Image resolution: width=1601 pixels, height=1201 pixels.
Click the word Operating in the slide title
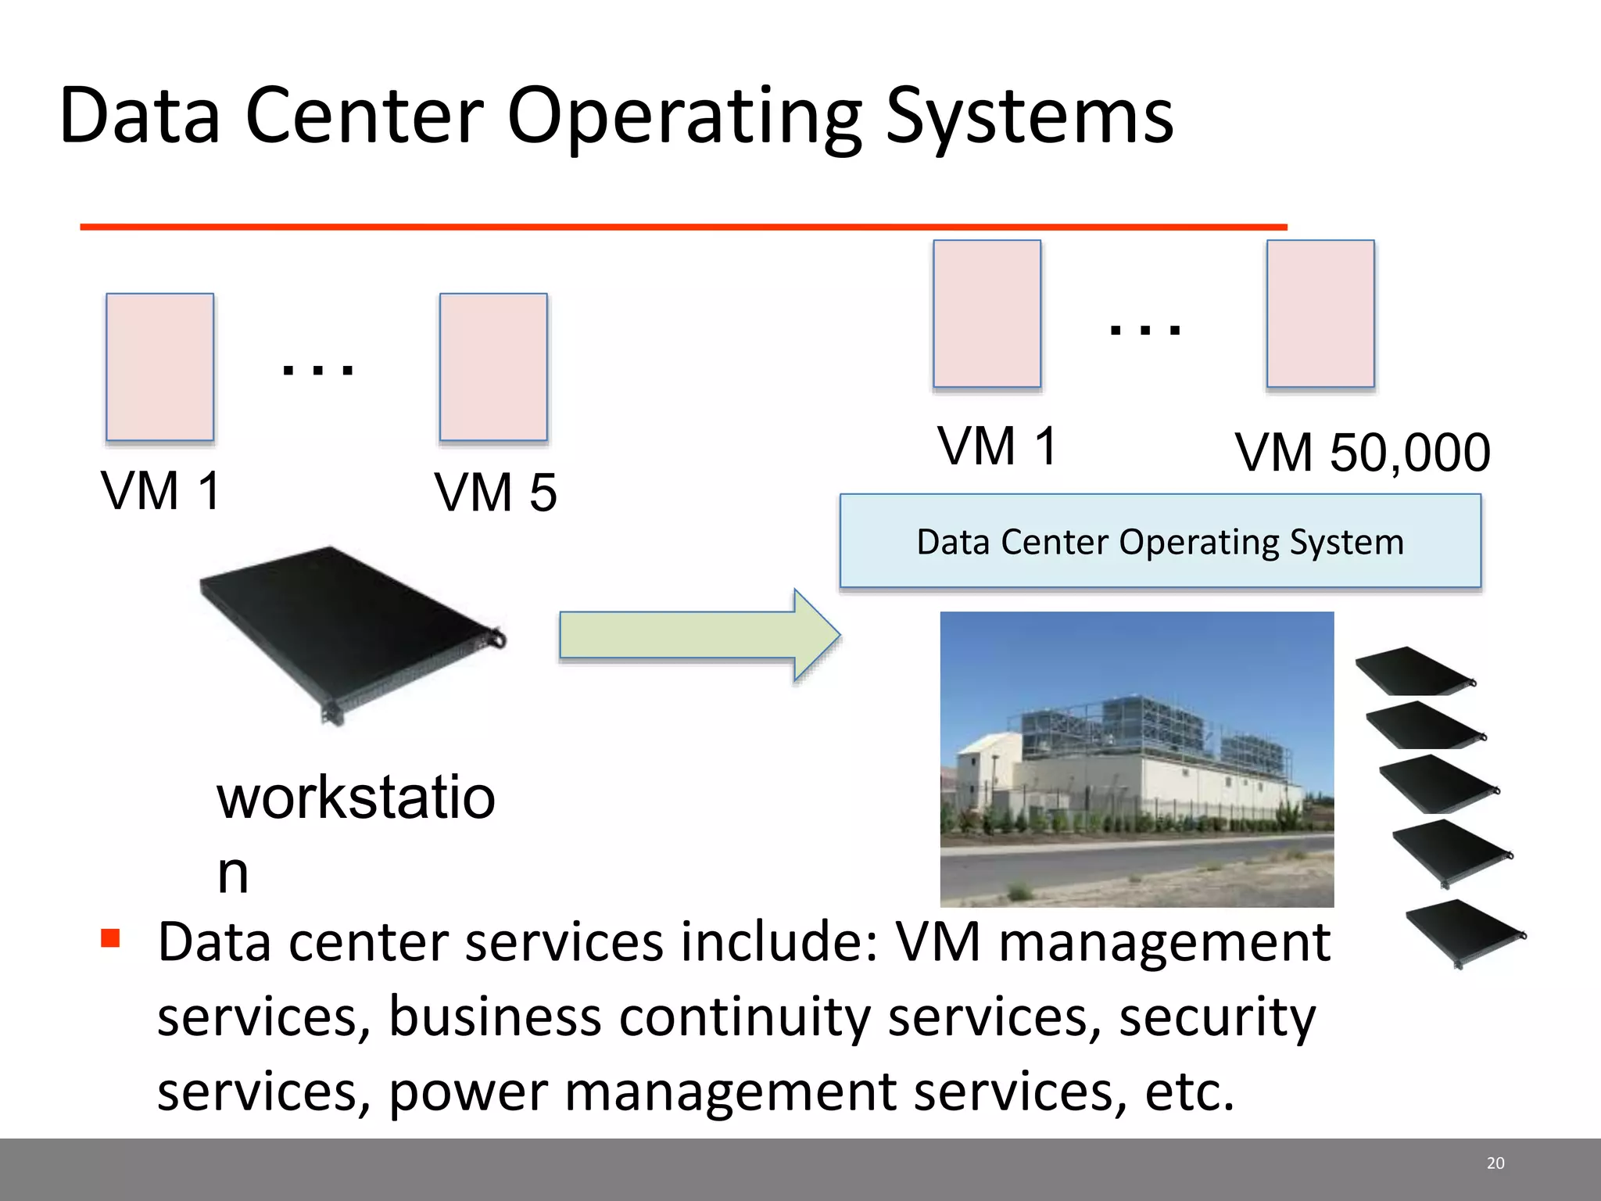click(685, 117)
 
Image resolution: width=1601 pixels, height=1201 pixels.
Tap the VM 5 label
click(496, 493)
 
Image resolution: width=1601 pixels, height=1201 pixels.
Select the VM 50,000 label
click(1363, 453)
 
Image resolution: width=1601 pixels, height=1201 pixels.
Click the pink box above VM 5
click(493, 367)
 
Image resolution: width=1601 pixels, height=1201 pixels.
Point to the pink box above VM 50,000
click(1320, 314)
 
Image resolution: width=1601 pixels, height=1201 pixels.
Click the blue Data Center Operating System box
click(1160, 541)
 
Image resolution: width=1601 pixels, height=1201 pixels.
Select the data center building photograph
click(1137, 758)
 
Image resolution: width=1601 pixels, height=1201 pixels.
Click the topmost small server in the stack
click(1413, 672)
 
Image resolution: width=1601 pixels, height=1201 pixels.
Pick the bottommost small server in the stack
click(1463, 932)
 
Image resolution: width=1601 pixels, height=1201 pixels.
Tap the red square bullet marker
click(111, 937)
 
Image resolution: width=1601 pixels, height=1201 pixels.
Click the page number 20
click(1495, 1163)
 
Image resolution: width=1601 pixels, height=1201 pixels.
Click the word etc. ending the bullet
click(1189, 1092)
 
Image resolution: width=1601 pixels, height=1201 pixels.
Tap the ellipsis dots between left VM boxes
click(318, 369)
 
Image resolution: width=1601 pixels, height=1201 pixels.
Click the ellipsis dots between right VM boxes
click(1145, 329)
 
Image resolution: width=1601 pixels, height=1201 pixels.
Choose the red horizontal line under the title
click(683, 227)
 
